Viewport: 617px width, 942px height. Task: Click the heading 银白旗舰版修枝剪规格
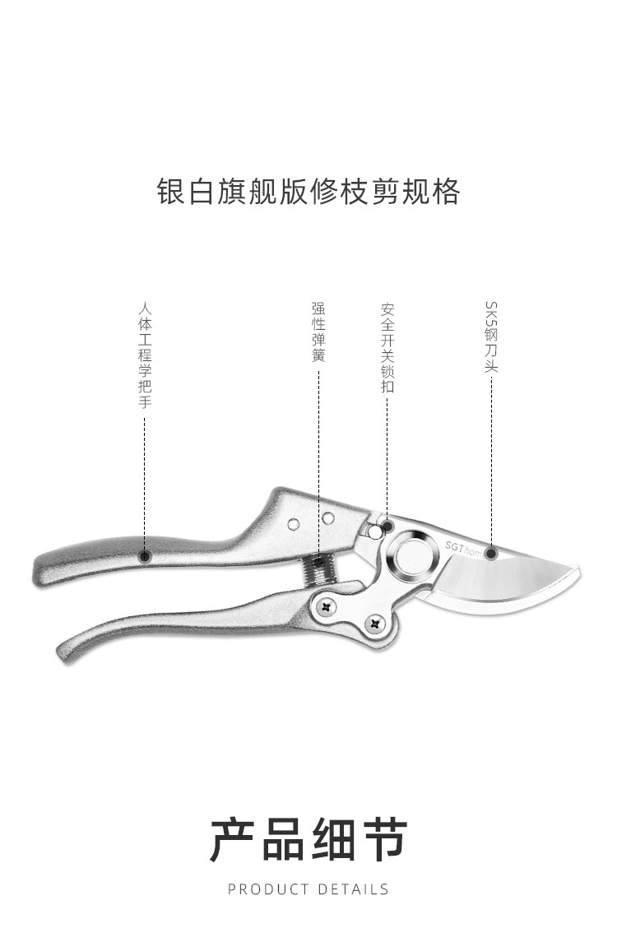tap(308, 191)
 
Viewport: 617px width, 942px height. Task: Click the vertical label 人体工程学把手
tap(146, 355)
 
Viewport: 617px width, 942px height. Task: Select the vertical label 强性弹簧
tap(318, 332)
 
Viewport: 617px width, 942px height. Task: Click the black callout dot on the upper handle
tap(146, 556)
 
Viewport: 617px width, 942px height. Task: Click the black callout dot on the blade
tap(490, 553)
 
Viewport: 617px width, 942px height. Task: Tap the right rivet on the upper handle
tap(327, 517)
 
